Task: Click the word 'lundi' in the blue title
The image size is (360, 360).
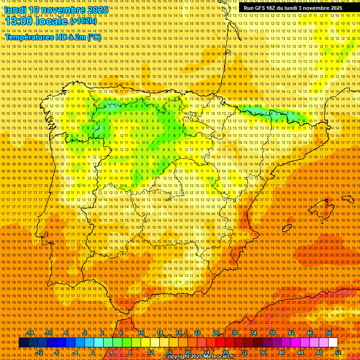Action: [x=15, y=10]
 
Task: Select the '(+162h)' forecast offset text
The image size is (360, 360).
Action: [x=83, y=21]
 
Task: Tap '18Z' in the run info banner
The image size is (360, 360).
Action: [x=277, y=8]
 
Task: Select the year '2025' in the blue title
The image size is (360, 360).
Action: [x=97, y=10]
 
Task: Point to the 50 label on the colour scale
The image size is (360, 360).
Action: [x=329, y=333]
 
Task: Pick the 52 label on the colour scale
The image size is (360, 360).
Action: [x=338, y=352]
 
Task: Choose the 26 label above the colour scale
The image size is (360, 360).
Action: [x=216, y=333]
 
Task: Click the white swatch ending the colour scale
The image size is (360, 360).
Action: [x=333, y=343]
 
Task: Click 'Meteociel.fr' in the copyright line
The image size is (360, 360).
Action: [x=218, y=357]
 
